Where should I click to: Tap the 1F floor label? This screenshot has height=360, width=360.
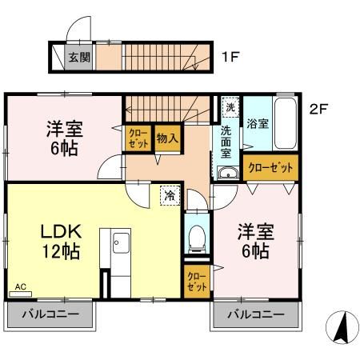(x=231, y=58)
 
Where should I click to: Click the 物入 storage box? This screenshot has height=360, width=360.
(x=166, y=138)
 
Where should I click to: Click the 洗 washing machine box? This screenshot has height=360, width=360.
(x=230, y=107)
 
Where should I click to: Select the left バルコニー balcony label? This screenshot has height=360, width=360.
(x=50, y=314)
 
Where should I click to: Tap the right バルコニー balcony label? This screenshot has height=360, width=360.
(x=255, y=314)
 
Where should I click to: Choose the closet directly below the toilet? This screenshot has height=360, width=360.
(x=196, y=280)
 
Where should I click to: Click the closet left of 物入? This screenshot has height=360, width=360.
(x=135, y=138)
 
